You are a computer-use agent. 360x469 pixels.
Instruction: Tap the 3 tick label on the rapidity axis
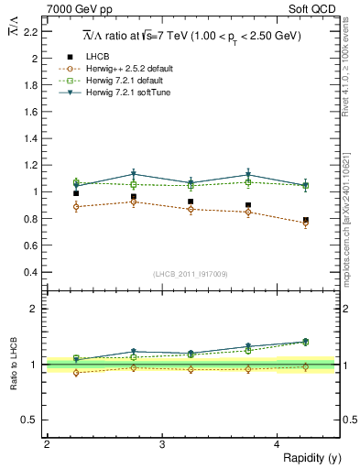click(162, 444)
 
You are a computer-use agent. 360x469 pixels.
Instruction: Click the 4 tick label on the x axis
click(278, 444)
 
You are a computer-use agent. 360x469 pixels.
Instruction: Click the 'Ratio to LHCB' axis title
click(14, 363)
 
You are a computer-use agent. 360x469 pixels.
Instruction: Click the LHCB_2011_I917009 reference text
click(191, 274)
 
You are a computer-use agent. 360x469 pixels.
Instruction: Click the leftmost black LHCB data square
click(76, 193)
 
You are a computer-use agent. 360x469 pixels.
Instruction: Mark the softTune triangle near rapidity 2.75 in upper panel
click(134, 174)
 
